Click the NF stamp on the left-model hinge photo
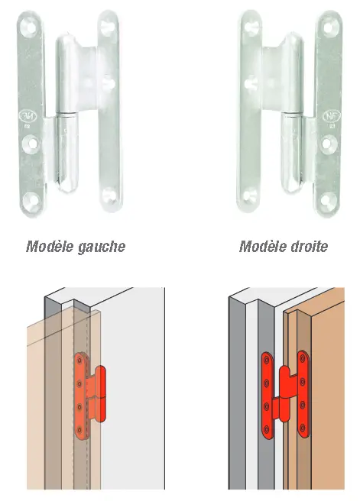(28, 116)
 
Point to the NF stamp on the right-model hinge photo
(332, 116)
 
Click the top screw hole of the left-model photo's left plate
(30, 27)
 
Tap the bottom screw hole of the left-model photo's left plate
(32, 199)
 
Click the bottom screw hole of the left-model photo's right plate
(109, 196)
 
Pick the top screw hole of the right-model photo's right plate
(330, 27)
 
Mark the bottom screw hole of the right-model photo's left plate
(251, 196)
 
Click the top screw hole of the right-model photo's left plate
(251, 27)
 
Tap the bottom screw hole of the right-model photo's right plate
(328, 199)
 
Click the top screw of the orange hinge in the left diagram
(80, 361)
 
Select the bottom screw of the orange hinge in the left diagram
(80, 430)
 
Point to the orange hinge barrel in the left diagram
(100, 393)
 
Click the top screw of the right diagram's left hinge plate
(266, 360)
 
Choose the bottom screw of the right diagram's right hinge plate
(303, 428)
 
